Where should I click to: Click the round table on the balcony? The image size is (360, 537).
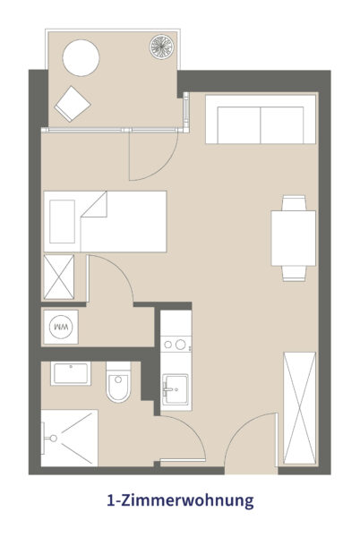81,58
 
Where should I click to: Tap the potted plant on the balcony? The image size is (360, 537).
162,47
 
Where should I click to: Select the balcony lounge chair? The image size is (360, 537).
73,104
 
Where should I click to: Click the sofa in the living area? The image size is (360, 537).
261,119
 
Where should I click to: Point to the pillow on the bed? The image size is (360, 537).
62,222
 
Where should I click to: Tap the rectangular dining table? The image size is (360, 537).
293,238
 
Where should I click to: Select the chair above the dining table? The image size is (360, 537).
294,203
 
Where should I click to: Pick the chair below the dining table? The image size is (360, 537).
294,274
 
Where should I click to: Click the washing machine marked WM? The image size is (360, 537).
61,327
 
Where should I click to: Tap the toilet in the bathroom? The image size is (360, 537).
118,382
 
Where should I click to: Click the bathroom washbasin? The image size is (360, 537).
71,373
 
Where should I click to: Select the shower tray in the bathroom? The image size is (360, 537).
70,438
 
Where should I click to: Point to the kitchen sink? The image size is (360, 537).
175,389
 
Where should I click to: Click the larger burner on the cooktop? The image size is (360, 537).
181,345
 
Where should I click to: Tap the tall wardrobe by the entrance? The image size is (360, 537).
300,408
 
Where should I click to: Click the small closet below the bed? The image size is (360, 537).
59,277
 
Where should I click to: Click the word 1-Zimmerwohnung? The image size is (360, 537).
180,500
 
